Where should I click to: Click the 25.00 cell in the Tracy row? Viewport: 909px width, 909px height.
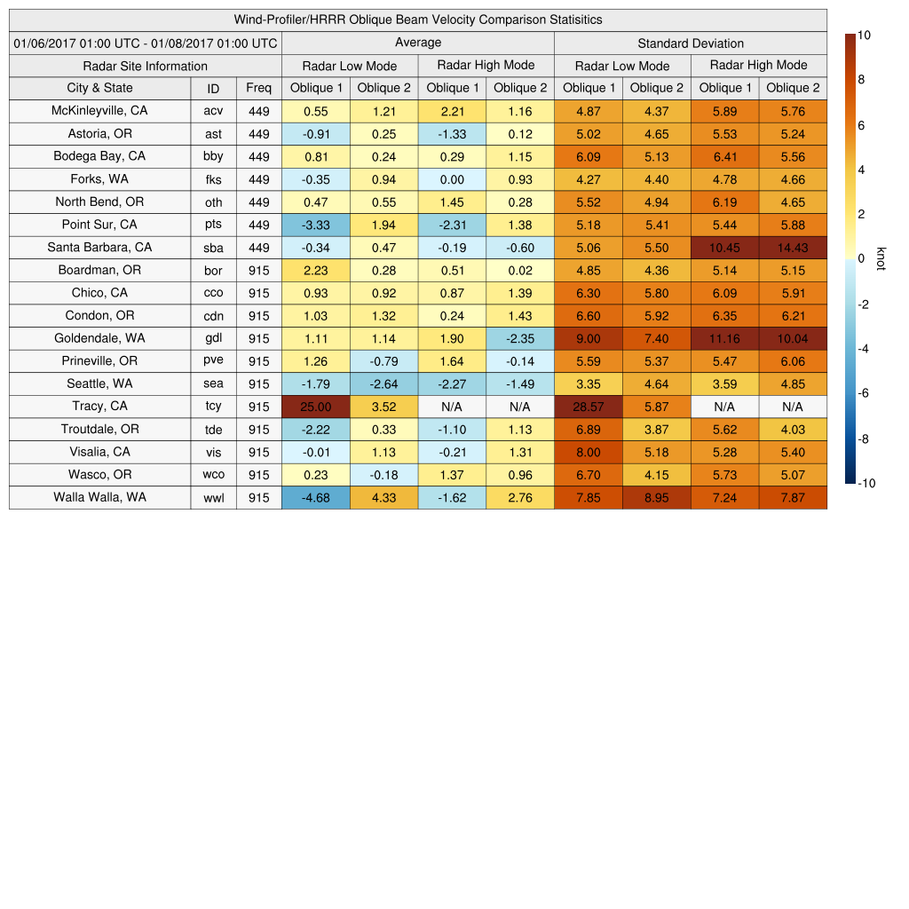click(x=316, y=407)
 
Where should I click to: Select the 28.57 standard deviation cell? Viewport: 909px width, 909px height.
click(x=589, y=407)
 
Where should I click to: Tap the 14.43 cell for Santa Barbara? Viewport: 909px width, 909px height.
click(x=793, y=248)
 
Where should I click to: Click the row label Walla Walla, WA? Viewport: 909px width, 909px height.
click(x=99, y=497)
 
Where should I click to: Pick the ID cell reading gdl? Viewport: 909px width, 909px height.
click(x=213, y=338)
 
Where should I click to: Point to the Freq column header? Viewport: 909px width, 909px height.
click(x=258, y=88)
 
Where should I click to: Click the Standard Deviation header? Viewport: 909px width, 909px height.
click(x=691, y=43)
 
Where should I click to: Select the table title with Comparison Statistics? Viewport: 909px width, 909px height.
click(x=418, y=20)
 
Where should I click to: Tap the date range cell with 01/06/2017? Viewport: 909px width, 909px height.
click(x=146, y=43)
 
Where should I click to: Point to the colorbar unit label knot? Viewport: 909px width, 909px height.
click(x=881, y=258)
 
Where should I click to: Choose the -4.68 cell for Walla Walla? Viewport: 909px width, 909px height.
click(x=316, y=498)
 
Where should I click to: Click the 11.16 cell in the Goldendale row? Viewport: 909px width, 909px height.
click(x=724, y=339)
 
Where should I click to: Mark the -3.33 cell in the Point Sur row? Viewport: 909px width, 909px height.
click(x=316, y=225)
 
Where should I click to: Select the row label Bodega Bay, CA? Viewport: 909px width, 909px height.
click(x=99, y=156)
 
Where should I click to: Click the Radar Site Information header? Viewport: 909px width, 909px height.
click(x=146, y=66)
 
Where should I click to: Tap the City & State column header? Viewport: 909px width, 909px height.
click(x=99, y=88)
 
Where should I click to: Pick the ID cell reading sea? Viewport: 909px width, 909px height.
click(x=213, y=384)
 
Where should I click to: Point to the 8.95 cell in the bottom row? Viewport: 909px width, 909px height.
click(x=656, y=498)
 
